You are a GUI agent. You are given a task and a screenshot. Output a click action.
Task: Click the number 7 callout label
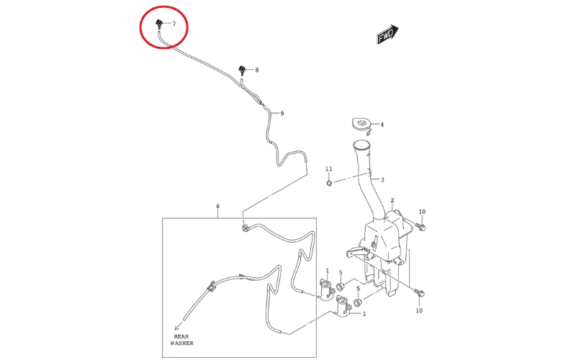click(174, 24)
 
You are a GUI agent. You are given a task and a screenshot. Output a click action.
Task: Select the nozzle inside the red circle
click(159, 24)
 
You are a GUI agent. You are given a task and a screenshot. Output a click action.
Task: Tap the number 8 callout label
click(257, 70)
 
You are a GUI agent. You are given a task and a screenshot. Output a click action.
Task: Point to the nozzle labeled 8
click(242, 70)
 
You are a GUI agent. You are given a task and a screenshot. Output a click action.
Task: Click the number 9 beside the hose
click(282, 114)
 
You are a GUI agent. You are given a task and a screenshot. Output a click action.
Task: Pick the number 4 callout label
click(382, 125)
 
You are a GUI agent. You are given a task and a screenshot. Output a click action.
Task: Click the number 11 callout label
click(329, 169)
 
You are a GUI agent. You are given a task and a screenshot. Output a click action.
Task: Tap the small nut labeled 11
click(329, 183)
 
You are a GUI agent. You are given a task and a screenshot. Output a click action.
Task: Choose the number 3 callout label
click(382, 179)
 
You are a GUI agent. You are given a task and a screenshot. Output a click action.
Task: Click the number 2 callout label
click(392, 200)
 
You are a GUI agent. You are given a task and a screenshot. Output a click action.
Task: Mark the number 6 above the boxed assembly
click(218, 206)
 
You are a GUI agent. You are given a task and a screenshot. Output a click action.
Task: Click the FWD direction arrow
click(388, 35)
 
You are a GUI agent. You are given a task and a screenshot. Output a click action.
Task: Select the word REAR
click(181, 336)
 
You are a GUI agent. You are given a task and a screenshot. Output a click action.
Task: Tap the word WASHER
click(181, 343)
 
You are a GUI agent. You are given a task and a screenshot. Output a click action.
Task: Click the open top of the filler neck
click(362, 145)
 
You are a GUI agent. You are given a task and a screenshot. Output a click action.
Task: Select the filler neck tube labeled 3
click(367, 180)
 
